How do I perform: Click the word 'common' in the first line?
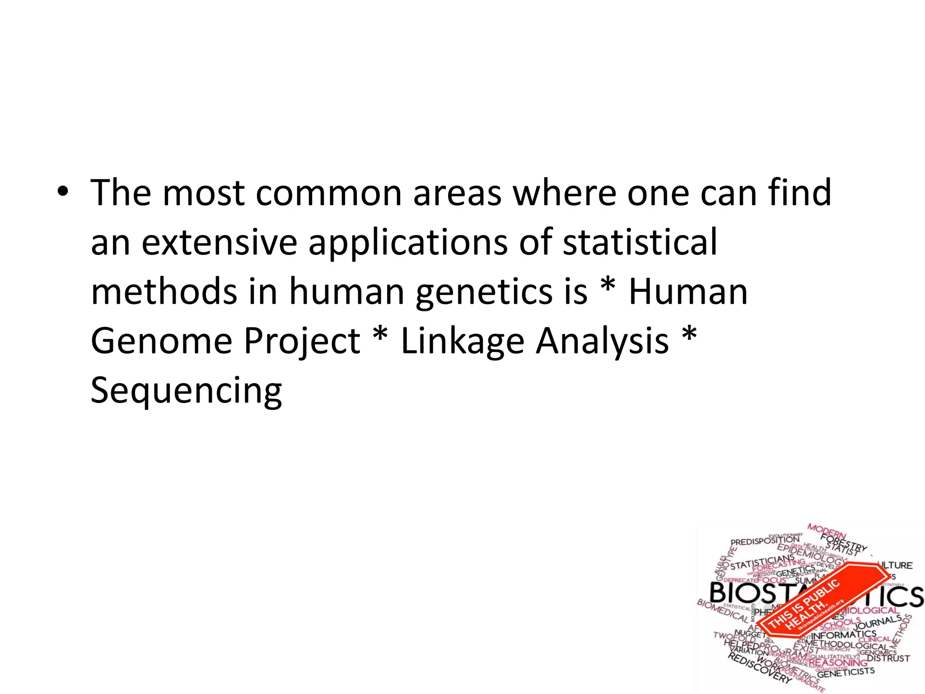(x=329, y=193)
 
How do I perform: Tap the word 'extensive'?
(x=220, y=243)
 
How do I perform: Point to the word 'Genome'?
(x=161, y=342)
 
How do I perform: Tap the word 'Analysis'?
(x=603, y=342)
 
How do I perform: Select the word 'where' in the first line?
(x=564, y=193)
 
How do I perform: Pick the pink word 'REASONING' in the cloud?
(x=838, y=663)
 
